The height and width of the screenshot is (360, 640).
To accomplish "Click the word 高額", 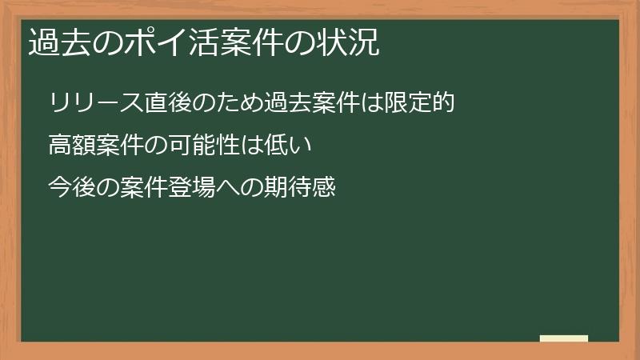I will coord(70,146).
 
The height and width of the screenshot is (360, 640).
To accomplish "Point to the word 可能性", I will coord(210,146).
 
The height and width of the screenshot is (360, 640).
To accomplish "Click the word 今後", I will coord(70,189).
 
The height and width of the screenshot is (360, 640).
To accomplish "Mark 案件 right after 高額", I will coord(119,146).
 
